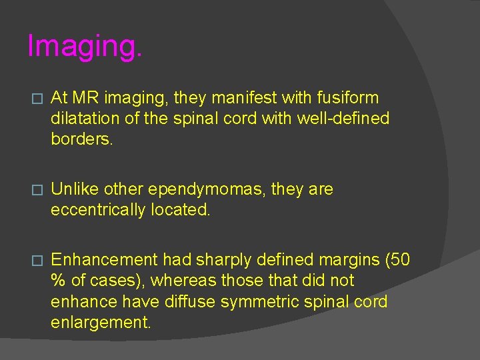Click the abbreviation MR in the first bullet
[x=85, y=98]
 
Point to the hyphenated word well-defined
[x=347, y=119]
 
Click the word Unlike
[x=73, y=189]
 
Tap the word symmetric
[x=259, y=302]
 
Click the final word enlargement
[x=101, y=323]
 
